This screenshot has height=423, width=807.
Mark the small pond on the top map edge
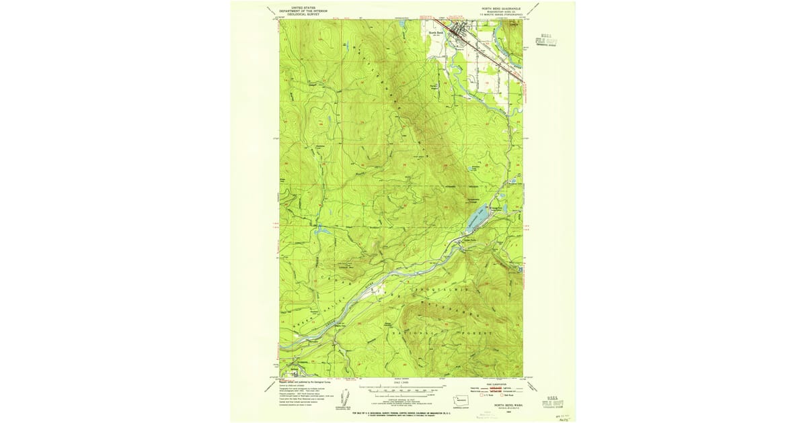[401, 22]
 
